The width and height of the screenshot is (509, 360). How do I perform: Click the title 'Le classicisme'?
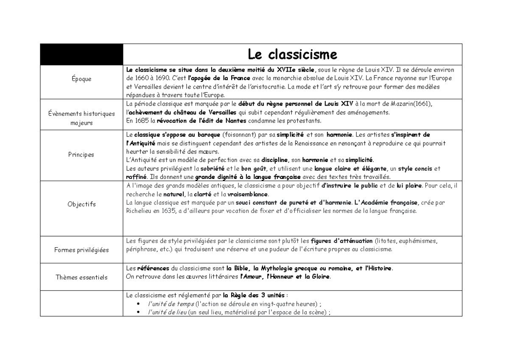click(292, 54)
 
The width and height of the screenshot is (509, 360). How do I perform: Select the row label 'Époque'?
click(81, 79)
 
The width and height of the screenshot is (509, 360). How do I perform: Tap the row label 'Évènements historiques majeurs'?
click(81, 118)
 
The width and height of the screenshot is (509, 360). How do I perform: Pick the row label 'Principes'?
click(81, 155)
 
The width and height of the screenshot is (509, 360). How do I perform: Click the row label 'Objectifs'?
click(81, 204)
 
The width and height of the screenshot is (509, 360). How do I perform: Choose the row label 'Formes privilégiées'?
click(81, 250)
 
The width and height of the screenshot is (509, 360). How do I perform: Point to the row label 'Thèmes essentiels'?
click(81, 277)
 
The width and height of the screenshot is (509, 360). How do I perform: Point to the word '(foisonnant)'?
click(240, 135)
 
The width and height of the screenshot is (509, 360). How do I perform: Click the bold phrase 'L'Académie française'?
click(386, 203)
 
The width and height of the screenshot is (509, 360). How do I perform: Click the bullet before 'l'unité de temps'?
click(140, 304)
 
